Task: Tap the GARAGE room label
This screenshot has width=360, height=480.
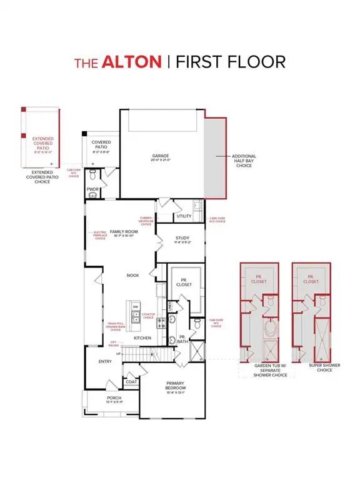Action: (x=161, y=156)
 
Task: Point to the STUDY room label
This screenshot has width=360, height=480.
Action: (x=182, y=239)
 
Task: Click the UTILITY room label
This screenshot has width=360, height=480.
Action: (x=184, y=216)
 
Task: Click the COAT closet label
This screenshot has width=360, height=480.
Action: (x=131, y=382)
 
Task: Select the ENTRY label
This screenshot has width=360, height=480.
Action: (x=104, y=361)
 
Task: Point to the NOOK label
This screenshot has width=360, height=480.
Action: (x=132, y=274)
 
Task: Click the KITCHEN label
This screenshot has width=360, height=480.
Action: (x=142, y=338)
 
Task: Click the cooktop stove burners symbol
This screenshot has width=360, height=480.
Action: (x=161, y=321)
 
